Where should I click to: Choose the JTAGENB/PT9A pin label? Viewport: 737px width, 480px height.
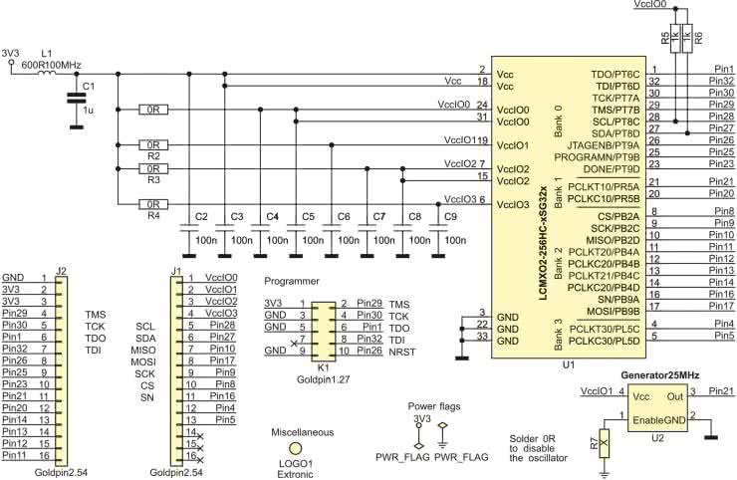click(603, 145)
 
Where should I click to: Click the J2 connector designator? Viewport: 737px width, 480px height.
click(61, 271)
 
